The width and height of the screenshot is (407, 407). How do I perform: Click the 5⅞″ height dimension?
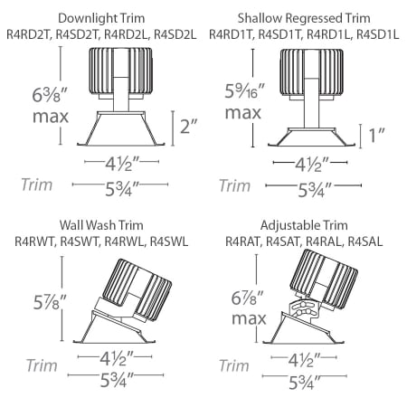point(34,298)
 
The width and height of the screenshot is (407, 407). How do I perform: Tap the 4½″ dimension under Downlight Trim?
point(114,166)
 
